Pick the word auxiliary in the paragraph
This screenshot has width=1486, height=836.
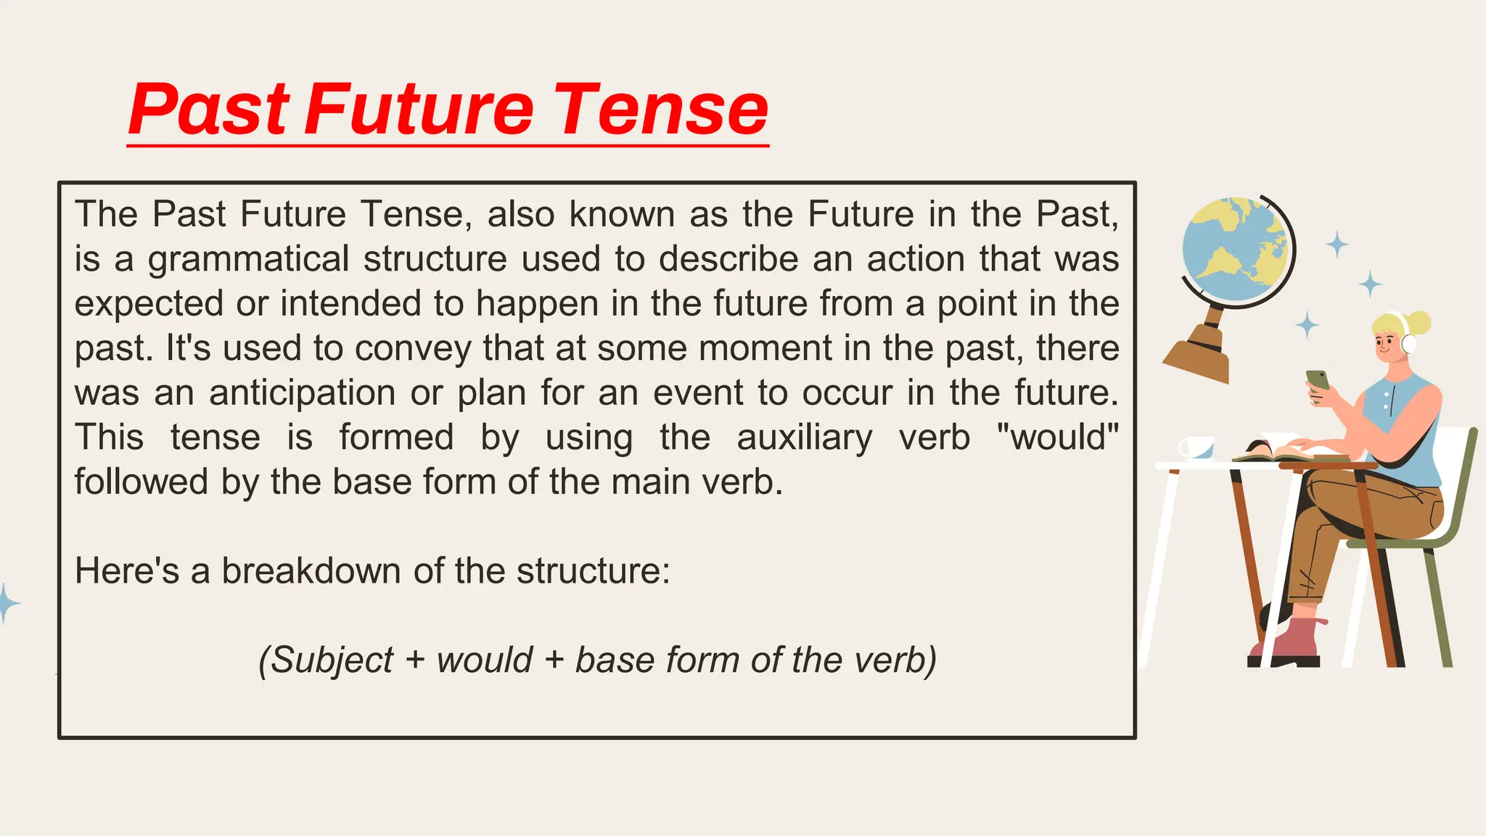(x=805, y=438)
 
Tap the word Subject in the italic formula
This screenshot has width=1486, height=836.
(x=327, y=660)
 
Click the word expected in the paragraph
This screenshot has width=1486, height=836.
(x=149, y=304)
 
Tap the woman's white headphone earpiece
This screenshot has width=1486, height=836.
(x=1408, y=343)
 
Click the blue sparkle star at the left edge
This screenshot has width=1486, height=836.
(x=7, y=603)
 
